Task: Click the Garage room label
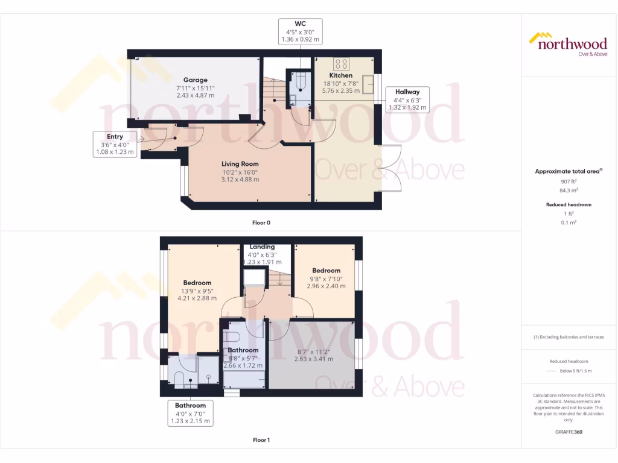196,80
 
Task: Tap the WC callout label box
300,31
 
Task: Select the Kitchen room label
341,75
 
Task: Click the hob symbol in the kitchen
341,63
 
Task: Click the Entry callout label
115,145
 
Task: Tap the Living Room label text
240,163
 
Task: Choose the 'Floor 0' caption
261,222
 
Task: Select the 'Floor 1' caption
261,440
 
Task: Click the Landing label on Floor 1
262,247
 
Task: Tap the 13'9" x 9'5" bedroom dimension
197,291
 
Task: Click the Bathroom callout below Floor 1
191,414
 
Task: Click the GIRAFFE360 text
568,432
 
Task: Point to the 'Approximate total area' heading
567,171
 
